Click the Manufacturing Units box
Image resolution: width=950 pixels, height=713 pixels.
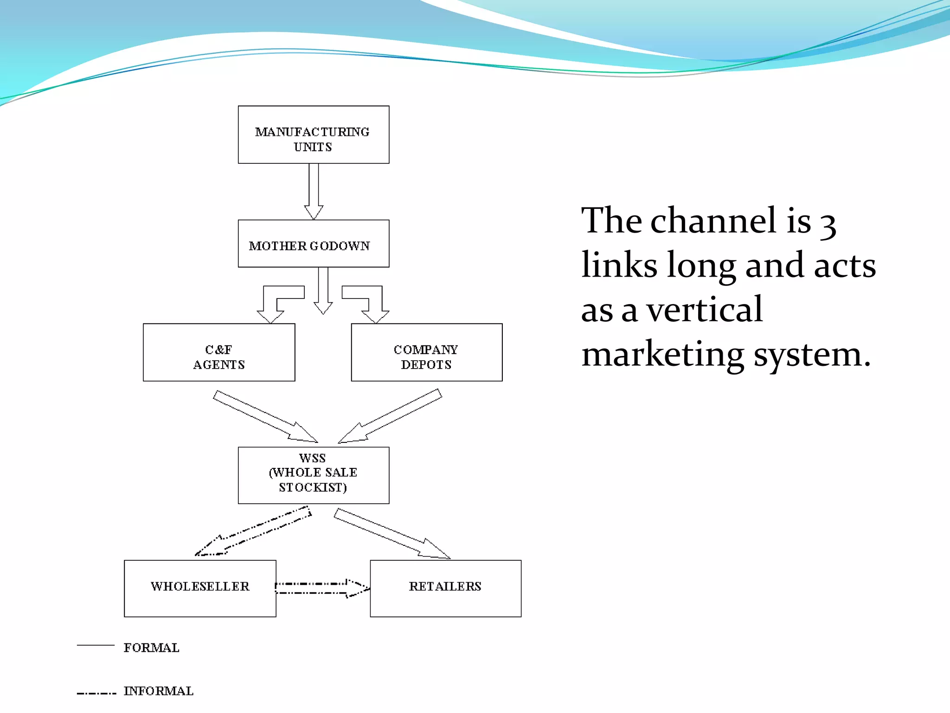coord(314,135)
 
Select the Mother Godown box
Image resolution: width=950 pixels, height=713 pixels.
coord(314,244)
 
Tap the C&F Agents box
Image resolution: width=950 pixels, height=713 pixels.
coord(219,352)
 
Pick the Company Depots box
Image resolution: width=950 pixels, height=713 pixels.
coord(427,352)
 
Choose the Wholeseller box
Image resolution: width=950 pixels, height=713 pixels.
coord(200,588)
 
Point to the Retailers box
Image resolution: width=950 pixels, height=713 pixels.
coord(445,588)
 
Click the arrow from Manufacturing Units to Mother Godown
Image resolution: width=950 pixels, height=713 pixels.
coord(314,190)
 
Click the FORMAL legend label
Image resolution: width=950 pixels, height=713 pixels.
coord(151,648)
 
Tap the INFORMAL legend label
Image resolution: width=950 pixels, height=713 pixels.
coord(158,691)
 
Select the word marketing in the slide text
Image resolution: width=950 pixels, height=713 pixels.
coord(662,355)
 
